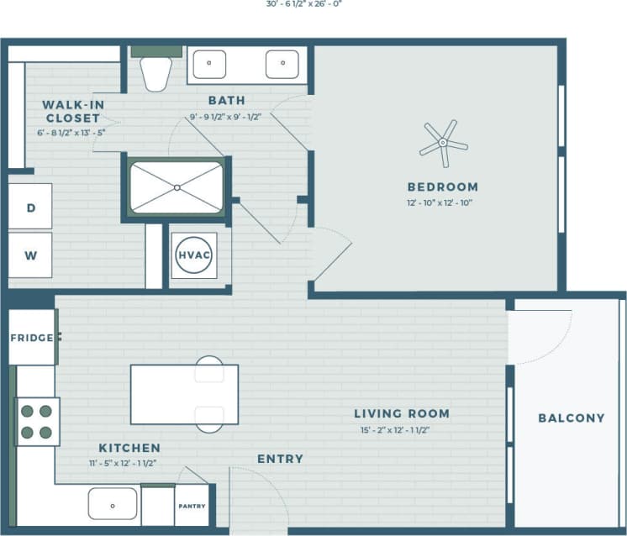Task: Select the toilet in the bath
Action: pos(156,71)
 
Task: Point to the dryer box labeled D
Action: pos(30,208)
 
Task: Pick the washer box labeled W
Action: pos(30,256)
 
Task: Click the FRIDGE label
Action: pos(31,338)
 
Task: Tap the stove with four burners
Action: pos(37,422)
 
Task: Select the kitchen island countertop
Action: pos(184,395)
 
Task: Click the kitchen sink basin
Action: pos(113,506)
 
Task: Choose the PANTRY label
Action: pos(192,507)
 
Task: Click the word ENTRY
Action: pos(280,459)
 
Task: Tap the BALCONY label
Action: pos(571,418)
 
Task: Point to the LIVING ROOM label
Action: pos(401,413)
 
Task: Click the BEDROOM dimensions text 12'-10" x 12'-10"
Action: pos(442,203)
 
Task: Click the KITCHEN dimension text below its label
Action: pos(123,463)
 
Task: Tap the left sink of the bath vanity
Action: pos(210,64)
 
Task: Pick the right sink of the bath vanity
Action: pos(282,64)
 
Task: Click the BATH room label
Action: pos(227,101)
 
